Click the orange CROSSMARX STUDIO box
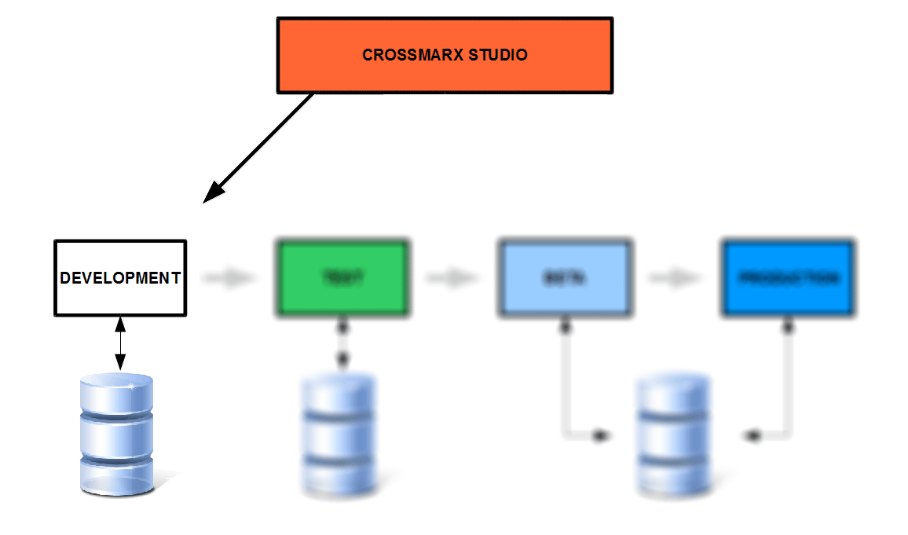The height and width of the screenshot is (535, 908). coord(445,55)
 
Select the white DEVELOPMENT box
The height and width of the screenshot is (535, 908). coord(120,278)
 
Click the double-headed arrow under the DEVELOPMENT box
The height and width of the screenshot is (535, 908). coord(120,343)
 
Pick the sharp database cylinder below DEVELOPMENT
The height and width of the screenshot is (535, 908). coord(117,433)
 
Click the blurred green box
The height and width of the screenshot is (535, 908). coord(342,278)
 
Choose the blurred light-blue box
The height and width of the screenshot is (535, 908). coord(565,278)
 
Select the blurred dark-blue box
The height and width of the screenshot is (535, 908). coord(788,278)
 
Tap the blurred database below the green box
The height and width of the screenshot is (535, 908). coord(339,435)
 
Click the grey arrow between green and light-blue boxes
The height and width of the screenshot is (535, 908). coord(452,278)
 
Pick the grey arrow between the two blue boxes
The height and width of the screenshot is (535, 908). coord(676,278)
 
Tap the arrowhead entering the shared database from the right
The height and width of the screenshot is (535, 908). coord(752,434)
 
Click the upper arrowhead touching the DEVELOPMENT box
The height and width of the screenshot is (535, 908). coord(120,323)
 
